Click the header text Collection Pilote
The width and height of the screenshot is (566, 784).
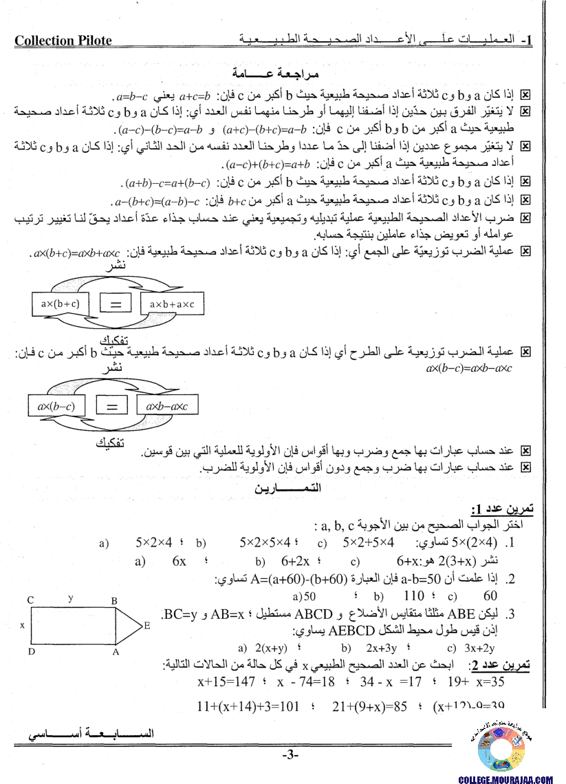click(x=63, y=41)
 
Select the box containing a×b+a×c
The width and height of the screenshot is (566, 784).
click(x=171, y=303)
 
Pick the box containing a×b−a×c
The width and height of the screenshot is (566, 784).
click(x=166, y=406)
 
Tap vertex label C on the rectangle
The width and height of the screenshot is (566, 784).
click(x=30, y=600)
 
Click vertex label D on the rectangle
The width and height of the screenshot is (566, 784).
click(x=30, y=651)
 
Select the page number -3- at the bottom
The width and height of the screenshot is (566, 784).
click(x=290, y=756)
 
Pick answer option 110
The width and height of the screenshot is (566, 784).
click(x=414, y=596)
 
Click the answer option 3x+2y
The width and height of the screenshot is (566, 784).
click(x=480, y=648)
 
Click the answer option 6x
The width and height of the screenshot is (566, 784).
click(x=179, y=561)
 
